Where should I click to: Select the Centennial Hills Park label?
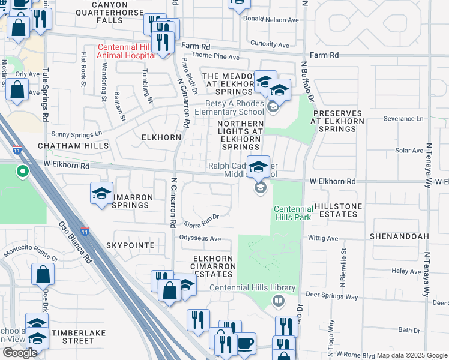tap(292, 213)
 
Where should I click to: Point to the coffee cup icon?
tap(245, 344)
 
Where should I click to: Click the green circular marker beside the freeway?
tap(23, 173)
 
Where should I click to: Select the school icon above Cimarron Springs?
tap(101, 193)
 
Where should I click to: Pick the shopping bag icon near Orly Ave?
tap(17, 92)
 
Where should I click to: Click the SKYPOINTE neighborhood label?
tap(130, 245)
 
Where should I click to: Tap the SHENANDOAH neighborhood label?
tap(399, 236)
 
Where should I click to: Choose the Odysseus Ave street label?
tap(200, 239)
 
